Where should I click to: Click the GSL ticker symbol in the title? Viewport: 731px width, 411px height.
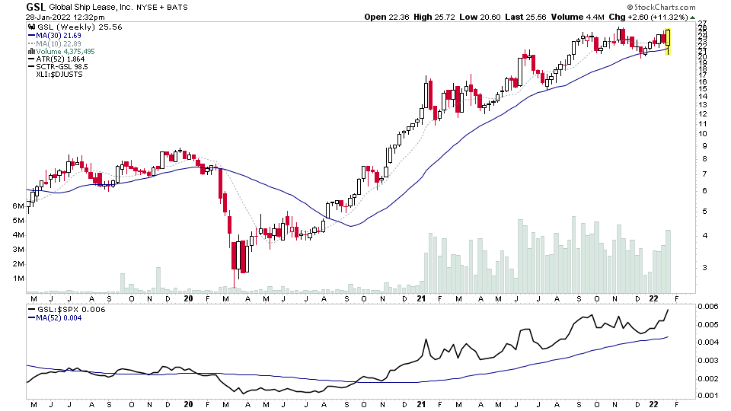click(x=35, y=7)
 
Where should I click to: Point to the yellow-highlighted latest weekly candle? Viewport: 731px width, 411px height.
click(x=668, y=42)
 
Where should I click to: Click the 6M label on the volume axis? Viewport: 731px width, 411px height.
click(x=18, y=206)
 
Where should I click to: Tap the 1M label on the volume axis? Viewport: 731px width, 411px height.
click(x=18, y=279)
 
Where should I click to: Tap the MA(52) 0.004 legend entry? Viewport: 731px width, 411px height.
click(x=56, y=317)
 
